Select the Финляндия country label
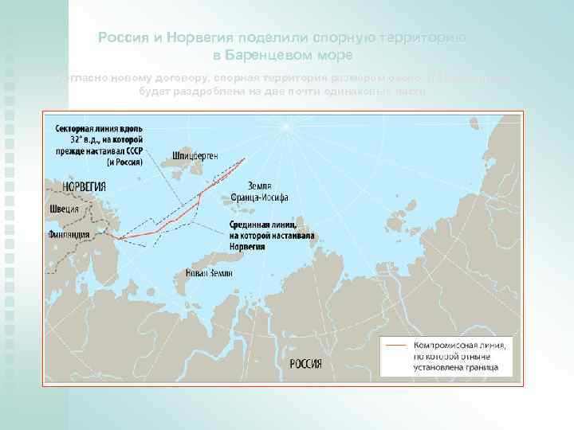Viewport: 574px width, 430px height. [68, 236]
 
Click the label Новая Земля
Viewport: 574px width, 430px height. [209, 272]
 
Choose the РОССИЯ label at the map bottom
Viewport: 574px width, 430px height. [305, 364]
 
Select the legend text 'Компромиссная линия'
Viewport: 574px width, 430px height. [458, 346]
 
